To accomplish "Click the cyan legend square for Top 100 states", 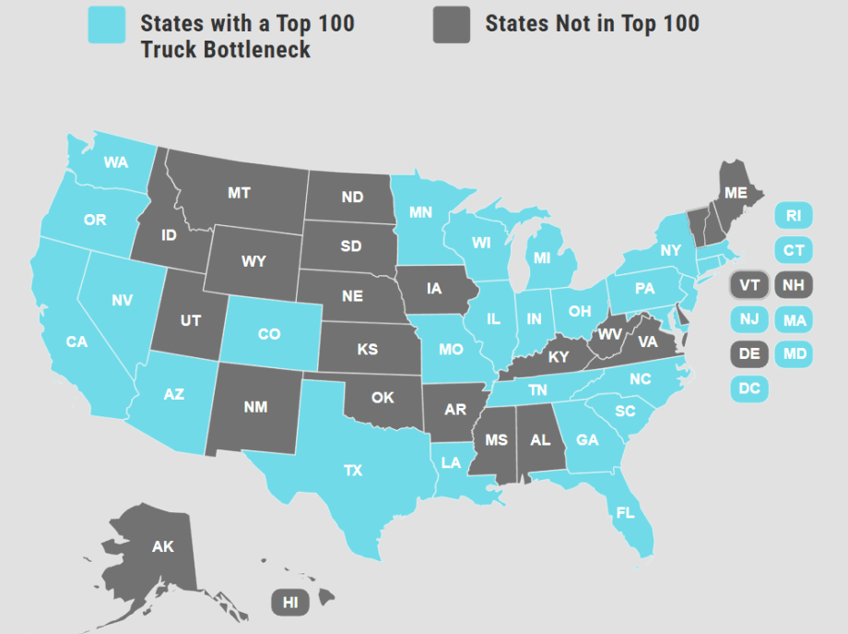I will point(106,25).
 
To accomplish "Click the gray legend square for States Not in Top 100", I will point(452,25).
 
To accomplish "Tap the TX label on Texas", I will point(353,471).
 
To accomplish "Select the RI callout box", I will point(793,216).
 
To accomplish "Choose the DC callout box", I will point(749,389).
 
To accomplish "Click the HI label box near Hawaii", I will point(290,603).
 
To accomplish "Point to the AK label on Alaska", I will point(163,546).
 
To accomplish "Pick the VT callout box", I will point(749,285).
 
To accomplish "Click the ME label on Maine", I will point(736,193).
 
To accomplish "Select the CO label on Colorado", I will point(269,334).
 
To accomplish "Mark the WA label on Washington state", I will point(116,162).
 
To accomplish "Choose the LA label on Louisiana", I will point(451,462).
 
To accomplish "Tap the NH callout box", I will point(793,285).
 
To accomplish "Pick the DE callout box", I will point(749,353).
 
